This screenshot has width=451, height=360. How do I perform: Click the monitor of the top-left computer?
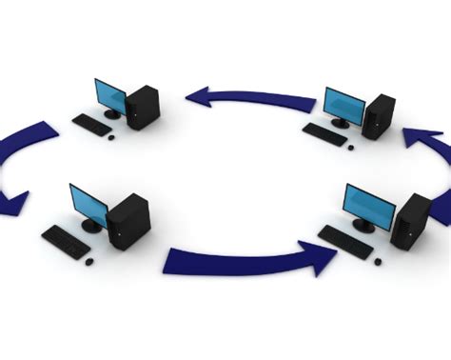pos(110,95)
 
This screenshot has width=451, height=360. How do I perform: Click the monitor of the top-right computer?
pos(343,106)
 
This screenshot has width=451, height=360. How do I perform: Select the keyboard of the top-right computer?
pos(325,135)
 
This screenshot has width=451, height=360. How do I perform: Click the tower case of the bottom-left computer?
pos(127,221)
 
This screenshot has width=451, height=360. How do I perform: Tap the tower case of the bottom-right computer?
pos(415,223)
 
